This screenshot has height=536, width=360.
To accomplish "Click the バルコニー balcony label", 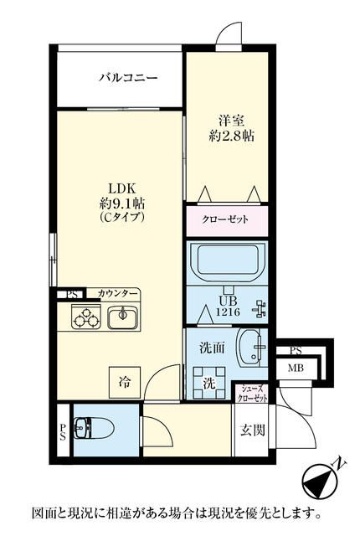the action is (128, 78).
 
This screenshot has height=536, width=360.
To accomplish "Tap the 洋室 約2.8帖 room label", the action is (231, 128).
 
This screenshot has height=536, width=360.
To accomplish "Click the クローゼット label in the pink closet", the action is (225, 219).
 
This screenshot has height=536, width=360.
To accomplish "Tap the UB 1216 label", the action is (228, 306).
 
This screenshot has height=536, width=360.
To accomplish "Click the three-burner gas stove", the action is (86, 317).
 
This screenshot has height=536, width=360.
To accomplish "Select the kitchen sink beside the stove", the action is (122, 317).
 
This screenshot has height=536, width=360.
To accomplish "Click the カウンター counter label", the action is (118, 293).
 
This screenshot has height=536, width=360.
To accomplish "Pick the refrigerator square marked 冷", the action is (125, 382).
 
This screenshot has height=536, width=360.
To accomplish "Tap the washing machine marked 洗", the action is (209, 384).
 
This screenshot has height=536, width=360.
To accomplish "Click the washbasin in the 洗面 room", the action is (253, 348).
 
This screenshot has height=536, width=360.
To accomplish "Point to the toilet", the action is (94, 428).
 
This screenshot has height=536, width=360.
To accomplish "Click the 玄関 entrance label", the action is (253, 430).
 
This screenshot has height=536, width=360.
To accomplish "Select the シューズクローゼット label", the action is (252, 394).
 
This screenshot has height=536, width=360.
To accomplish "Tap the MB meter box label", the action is (296, 368).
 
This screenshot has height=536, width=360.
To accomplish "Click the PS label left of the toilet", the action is (63, 432).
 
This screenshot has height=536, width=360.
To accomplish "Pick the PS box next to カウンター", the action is (72, 294).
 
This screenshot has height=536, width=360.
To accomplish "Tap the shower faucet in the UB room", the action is (260, 309).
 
